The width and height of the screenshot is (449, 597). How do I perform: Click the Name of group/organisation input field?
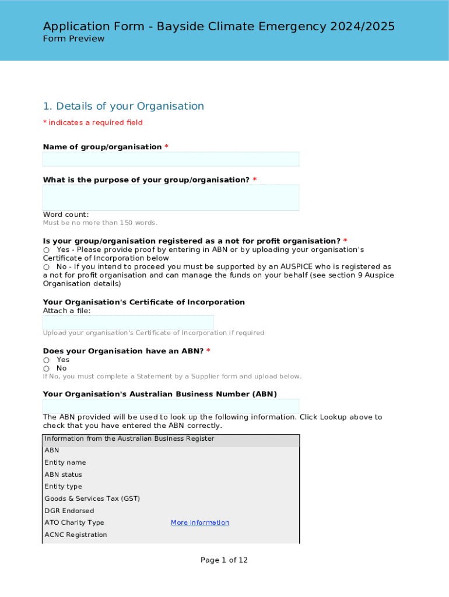tap(171, 159)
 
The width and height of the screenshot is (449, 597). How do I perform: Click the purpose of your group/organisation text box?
tap(171, 198)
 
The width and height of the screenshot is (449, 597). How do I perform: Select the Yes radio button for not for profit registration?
tap(47, 250)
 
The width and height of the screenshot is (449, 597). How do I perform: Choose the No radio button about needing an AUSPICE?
tap(47, 267)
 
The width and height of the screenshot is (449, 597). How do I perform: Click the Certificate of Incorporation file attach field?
tap(128, 322)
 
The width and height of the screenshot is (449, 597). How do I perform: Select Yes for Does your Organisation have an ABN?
tap(47, 360)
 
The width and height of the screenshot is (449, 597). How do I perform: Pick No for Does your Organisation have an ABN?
tap(47, 369)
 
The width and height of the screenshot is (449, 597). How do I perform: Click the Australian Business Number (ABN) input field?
tap(171, 406)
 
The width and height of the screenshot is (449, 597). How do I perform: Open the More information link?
tap(199, 523)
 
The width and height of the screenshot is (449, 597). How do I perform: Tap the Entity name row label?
tap(65, 463)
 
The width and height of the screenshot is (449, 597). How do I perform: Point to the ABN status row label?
tap(64, 475)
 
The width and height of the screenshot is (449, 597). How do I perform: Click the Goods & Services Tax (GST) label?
tap(92, 499)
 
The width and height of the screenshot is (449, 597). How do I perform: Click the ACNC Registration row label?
tap(76, 535)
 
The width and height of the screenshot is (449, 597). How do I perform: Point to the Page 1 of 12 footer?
tap(224, 560)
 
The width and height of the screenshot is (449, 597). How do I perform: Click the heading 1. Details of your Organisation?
tap(124, 106)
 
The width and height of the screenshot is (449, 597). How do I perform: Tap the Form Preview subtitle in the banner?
tap(73, 39)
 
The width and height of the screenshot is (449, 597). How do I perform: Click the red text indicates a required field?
tap(93, 122)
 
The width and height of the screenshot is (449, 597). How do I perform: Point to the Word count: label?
tap(66, 215)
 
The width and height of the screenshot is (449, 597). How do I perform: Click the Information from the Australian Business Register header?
tap(129, 439)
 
